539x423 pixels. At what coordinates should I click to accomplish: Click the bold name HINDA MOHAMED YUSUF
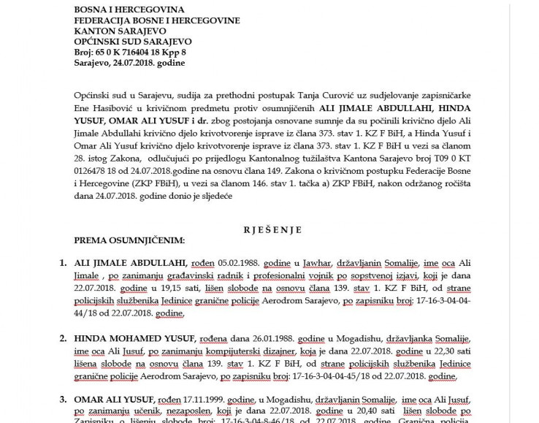click(x=134, y=338)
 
